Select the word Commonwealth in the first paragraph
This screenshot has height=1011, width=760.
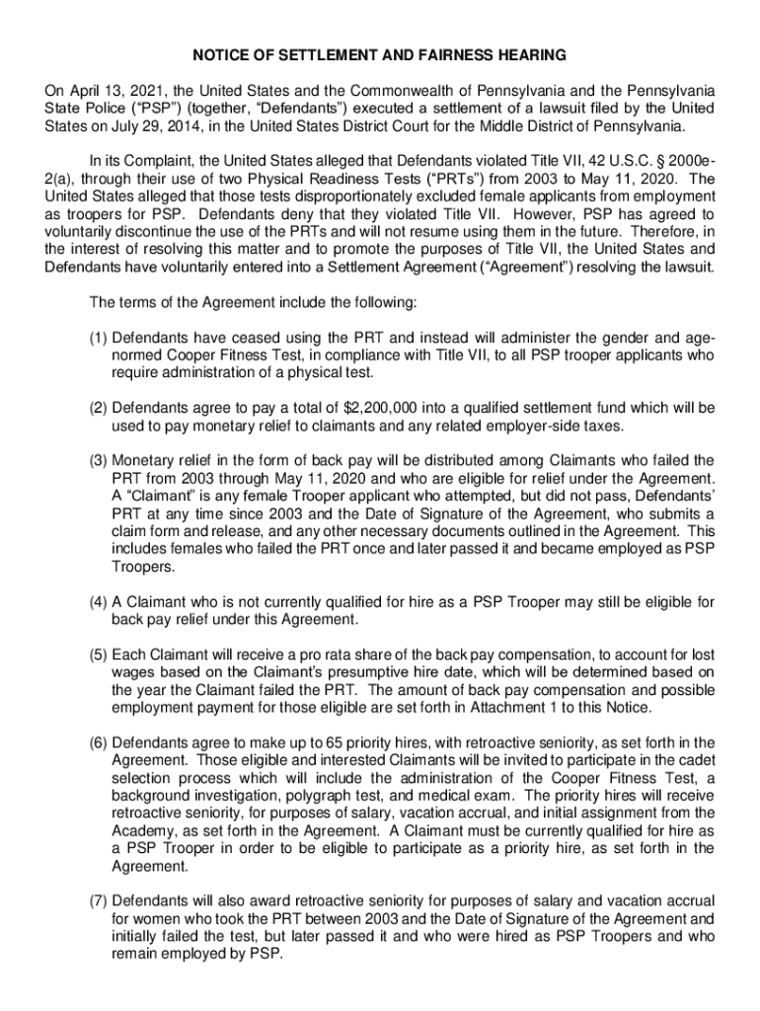point(364,91)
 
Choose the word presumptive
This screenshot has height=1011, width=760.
point(370,671)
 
